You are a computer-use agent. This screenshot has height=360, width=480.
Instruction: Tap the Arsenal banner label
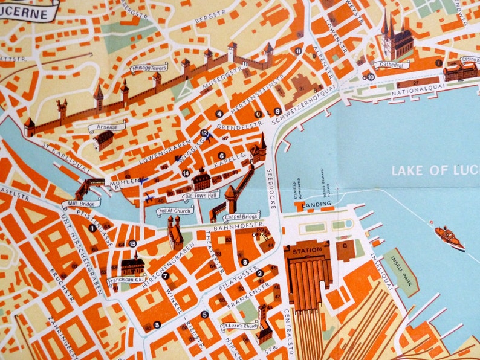point(107,127)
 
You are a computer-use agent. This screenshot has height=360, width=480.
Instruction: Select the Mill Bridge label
point(80,204)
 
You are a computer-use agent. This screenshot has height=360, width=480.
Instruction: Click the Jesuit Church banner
point(175,211)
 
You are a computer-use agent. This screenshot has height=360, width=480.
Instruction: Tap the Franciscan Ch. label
point(126,280)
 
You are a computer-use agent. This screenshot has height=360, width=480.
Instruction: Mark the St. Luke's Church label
point(239,327)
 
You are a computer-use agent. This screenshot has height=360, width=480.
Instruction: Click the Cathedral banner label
point(391,64)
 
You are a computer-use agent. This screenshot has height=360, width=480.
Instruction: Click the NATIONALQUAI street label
point(414,92)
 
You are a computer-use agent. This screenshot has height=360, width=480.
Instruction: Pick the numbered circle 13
point(132,243)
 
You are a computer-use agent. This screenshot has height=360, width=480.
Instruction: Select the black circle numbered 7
point(165,275)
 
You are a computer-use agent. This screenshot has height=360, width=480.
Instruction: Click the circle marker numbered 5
point(204,314)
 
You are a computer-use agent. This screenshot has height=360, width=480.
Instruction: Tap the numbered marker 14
point(186,173)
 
